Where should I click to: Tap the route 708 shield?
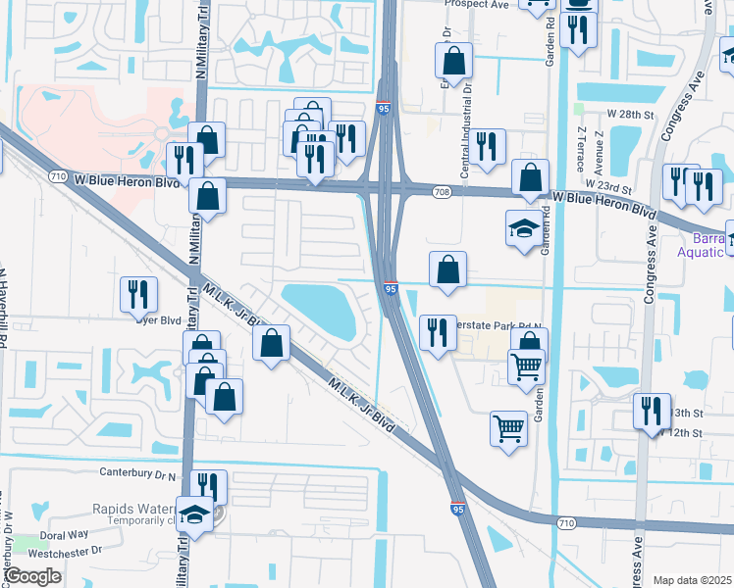[x=446, y=191]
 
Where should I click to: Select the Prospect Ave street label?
[x=476, y=4]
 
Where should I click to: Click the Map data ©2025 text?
[x=693, y=581]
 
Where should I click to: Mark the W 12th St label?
[x=684, y=432]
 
